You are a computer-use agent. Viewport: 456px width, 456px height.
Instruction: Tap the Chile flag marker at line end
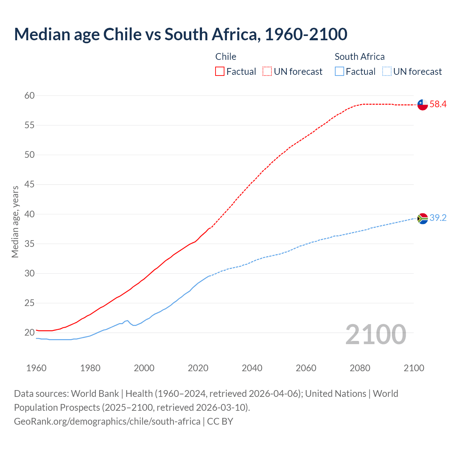coord(423,105)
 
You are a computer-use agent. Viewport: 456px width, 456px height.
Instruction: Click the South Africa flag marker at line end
coord(423,218)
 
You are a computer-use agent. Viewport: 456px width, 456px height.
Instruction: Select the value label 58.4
coord(438,104)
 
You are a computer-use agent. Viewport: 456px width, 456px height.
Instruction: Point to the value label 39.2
coord(438,218)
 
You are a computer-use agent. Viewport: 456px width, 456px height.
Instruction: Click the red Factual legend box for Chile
coord(220,72)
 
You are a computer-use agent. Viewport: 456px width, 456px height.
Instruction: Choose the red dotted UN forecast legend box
coord(267,72)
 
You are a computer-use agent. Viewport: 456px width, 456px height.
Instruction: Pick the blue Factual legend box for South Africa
coord(340,72)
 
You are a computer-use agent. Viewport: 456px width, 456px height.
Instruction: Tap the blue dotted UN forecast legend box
coord(387,72)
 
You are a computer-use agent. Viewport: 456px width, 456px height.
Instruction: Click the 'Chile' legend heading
coord(226,57)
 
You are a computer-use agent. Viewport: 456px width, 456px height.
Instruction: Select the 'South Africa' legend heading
coord(359,57)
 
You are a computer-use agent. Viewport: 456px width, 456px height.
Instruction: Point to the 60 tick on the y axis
coord(30,95)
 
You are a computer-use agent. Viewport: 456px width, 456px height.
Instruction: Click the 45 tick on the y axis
coord(30,185)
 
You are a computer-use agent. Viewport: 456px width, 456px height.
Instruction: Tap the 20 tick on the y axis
coord(30,333)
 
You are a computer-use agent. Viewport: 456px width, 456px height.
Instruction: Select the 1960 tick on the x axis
coord(36,368)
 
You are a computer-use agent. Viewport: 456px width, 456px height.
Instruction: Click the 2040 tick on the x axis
coord(252,368)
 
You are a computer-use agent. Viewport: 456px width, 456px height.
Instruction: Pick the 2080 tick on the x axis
coord(360,368)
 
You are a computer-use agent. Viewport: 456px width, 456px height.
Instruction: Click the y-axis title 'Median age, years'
coord(15,222)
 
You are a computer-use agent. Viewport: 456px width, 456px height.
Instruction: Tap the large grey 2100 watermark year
coord(375,334)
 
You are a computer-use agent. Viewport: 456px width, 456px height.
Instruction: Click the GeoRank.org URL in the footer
coord(107,421)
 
